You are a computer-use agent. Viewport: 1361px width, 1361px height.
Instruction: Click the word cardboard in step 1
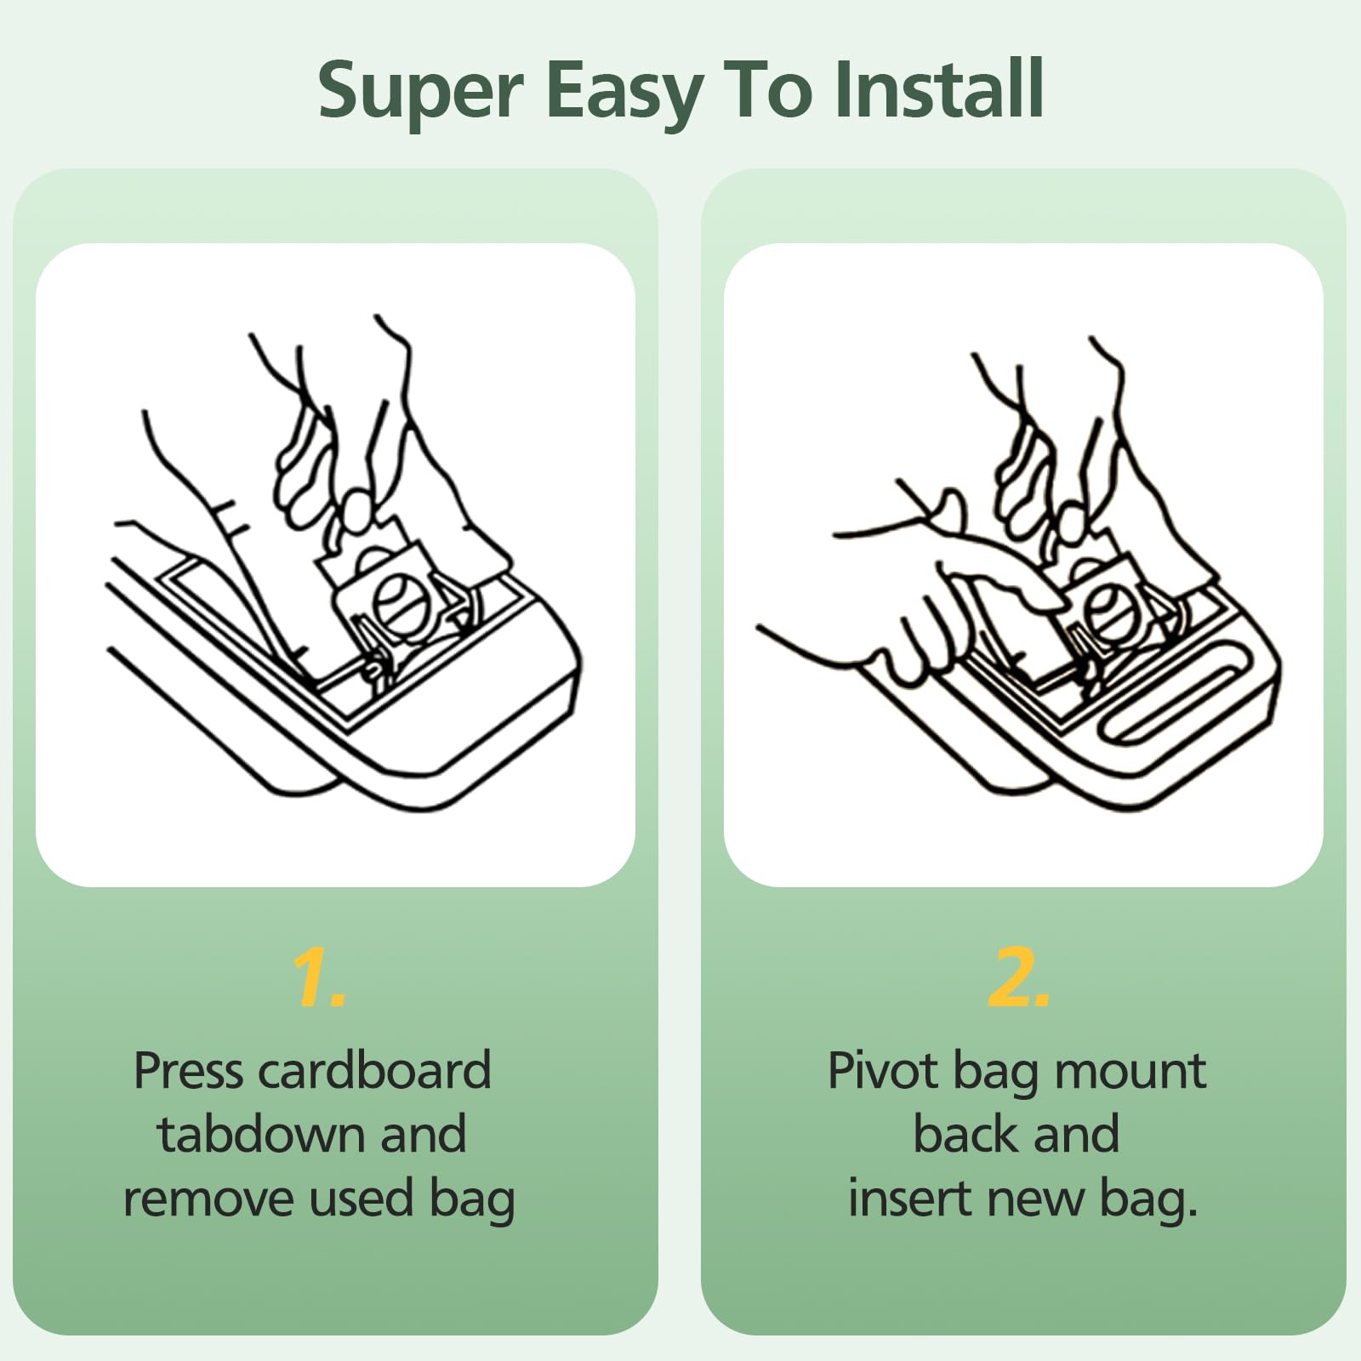(374, 1071)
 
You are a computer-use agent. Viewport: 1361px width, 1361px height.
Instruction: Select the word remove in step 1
(208, 1199)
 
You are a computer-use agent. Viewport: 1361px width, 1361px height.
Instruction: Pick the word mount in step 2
(1130, 1071)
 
